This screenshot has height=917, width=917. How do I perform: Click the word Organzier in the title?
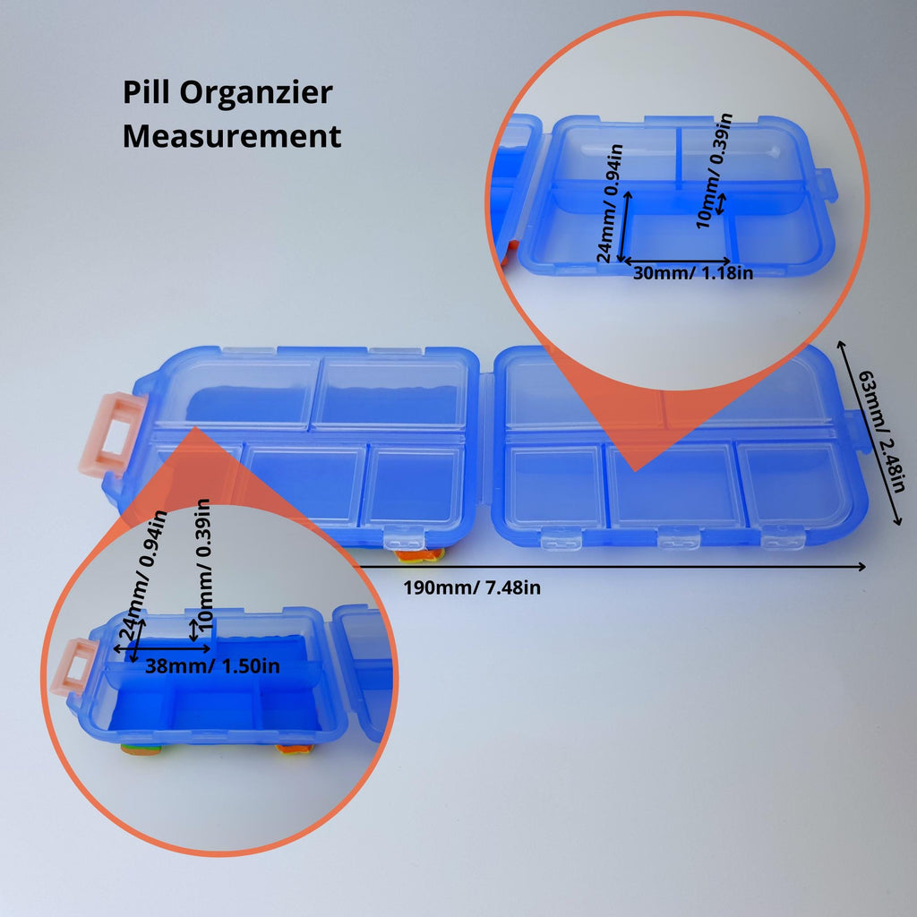pyautogui.click(x=255, y=93)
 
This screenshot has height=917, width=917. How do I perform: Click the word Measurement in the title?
pyautogui.click(x=232, y=136)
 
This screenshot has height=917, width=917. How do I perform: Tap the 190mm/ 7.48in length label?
pyautogui.click(x=472, y=587)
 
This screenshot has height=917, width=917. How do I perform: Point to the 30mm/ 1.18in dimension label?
pyautogui.click(x=693, y=273)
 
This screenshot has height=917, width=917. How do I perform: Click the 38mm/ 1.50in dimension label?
pyautogui.click(x=212, y=666)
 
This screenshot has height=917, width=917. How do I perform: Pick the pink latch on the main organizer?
pyautogui.click(x=111, y=433)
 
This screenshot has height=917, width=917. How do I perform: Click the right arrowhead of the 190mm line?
pyautogui.click(x=861, y=566)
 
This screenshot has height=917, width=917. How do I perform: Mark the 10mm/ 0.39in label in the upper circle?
pyautogui.click(x=714, y=171)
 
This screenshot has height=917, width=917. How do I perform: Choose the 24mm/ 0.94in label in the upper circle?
pyautogui.click(x=610, y=203)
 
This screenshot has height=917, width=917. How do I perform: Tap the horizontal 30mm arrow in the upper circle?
pyautogui.click(x=677, y=261)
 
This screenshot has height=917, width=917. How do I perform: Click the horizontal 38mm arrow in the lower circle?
pyautogui.click(x=162, y=648)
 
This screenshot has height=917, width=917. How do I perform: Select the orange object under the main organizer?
pyautogui.click(x=419, y=555)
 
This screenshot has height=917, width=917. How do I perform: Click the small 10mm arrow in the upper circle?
pyautogui.click(x=722, y=203)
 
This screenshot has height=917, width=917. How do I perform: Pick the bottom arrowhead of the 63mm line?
pyautogui.click(x=899, y=519)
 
